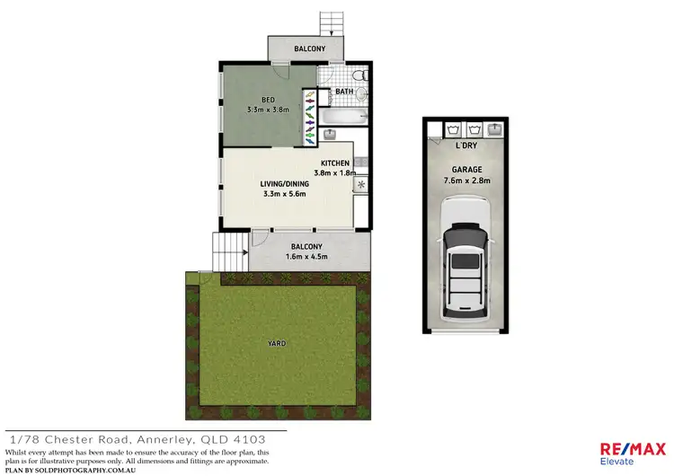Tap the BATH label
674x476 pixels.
[x=344, y=92]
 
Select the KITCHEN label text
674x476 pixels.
[x=335, y=163]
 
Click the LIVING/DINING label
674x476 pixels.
[x=283, y=183]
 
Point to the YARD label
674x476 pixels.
[x=277, y=342]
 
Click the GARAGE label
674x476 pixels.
[x=466, y=169]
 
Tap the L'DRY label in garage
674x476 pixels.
[x=466, y=145]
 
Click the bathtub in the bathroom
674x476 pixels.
[x=343, y=117]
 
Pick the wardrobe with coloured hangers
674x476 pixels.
[x=310, y=115]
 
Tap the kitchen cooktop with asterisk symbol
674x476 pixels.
[x=361, y=185]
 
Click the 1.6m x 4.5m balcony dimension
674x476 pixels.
[x=307, y=256]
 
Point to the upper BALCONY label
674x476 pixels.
[x=307, y=48]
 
